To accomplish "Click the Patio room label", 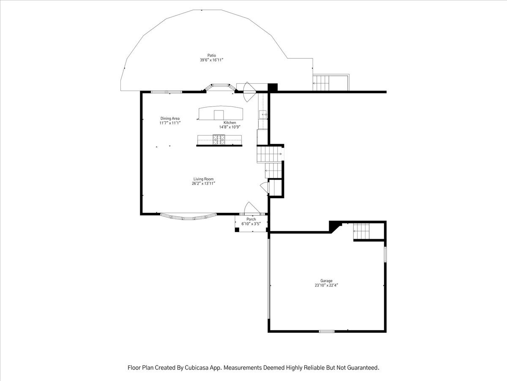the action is coord(212,55).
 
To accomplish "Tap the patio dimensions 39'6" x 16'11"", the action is coord(212,60).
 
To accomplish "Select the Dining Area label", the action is coord(170,119).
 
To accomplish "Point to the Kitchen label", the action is coord(229,123).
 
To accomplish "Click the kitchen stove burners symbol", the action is coord(219,140).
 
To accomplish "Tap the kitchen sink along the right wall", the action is coord(263,114).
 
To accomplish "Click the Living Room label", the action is coord(204,179).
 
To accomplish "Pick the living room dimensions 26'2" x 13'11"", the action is coord(204,184).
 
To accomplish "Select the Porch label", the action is coord(251,219).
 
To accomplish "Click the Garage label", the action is coord(326,281).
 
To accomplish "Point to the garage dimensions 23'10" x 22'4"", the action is coord(326,285).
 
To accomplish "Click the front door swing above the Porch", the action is coord(252,208).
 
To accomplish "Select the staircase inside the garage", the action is coord(361,231).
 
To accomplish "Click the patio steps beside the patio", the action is coord(321,83).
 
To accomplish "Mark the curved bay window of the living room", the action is coord(188,217).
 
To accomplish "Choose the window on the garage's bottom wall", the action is coord(327,331).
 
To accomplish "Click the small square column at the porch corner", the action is coord(237,230).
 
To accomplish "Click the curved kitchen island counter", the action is coord(221,113).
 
